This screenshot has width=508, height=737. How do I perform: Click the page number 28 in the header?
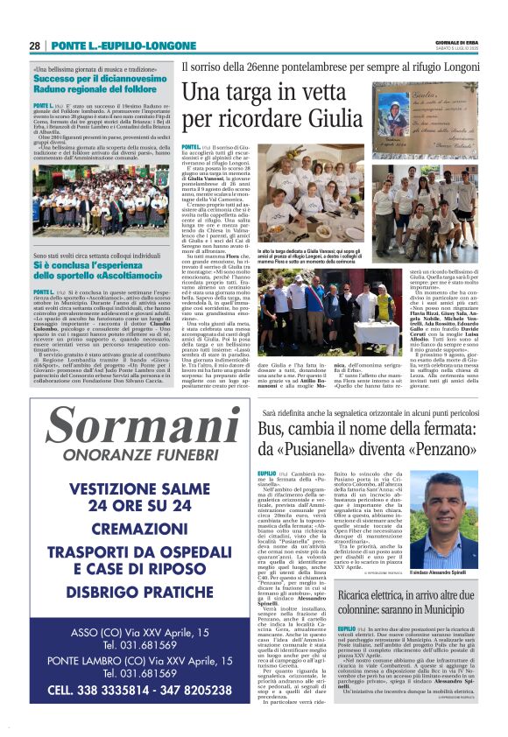click(34, 46)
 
